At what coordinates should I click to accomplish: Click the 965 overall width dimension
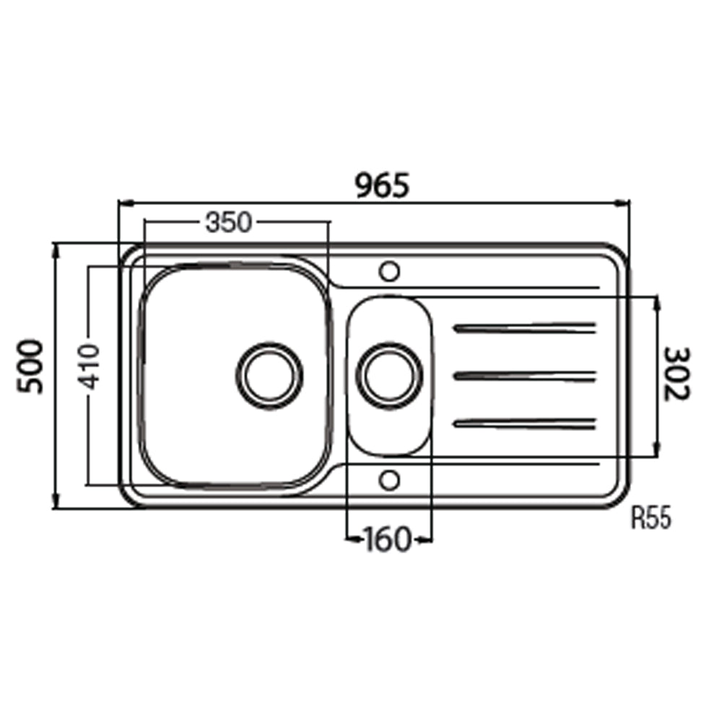[383, 186]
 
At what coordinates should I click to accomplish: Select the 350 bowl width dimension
[228, 222]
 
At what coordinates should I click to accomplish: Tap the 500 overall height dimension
[30, 367]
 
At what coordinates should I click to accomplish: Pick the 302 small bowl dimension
[677, 374]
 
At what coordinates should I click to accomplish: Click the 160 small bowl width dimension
[387, 539]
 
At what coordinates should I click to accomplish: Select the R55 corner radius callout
[651, 518]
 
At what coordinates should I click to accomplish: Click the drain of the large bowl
[269, 375]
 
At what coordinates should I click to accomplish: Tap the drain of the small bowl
[389, 375]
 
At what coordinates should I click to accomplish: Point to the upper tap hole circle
[389, 271]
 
